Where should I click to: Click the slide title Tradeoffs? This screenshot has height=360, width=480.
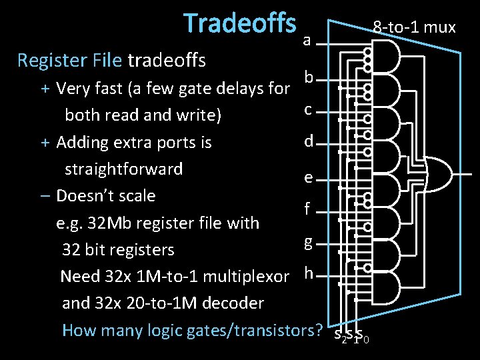pos(239,23)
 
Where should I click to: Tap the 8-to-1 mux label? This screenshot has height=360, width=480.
pos(414,27)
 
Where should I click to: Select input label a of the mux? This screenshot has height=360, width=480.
pos(307,41)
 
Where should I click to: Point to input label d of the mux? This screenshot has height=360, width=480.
pos(308,141)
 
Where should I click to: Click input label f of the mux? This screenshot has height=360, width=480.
pos(307,209)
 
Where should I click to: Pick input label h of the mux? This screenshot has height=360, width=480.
pos(308,273)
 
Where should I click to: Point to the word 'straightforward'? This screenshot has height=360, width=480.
pos(123,169)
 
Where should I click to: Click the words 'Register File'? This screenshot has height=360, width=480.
pos(70,61)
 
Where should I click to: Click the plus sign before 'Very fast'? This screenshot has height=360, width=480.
pos(45,88)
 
